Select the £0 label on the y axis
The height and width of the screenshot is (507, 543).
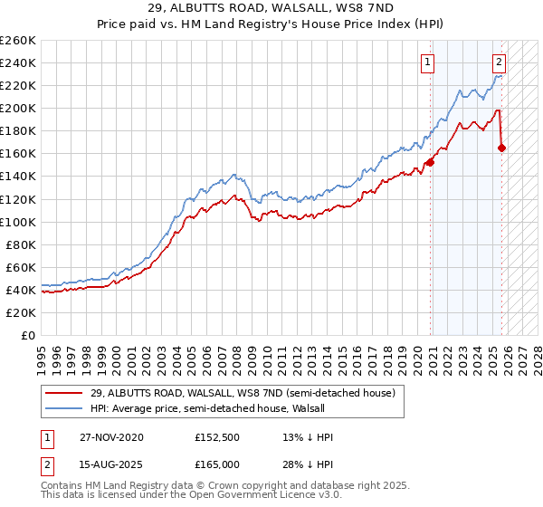pyautogui.click(x=29, y=335)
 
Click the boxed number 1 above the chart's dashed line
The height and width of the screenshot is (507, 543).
pyautogui.click(x=427, y=62)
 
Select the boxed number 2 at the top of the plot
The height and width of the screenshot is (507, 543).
pyautogui.click(x=499, y=62)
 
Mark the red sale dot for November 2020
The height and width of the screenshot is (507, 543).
pyautogui.click(x=430, y=162)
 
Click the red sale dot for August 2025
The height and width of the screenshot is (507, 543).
pyautogui.click(x=501, y=148)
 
